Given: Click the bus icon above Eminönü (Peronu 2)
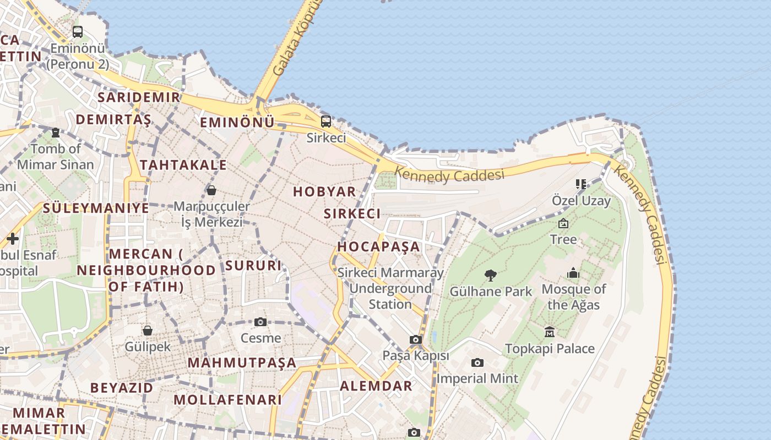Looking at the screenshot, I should [x=78, y=32].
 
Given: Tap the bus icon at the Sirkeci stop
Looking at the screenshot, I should [x=326, y=122].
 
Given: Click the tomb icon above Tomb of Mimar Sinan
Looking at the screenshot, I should [x=56, y=133].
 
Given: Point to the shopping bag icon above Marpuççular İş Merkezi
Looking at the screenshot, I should [x=211, y=190].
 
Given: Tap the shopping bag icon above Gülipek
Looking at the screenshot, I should [x=147, y=331].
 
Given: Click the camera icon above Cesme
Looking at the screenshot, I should [x=260, y=322].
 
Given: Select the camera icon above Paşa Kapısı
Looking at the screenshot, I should [x=416, y=340].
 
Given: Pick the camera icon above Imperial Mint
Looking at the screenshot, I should [x=477, y=362].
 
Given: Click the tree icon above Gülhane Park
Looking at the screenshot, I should [x=490, y=275].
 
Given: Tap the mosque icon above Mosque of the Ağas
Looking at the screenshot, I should [x=573, y=273].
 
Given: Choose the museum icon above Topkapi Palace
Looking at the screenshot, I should [x=550, y=332].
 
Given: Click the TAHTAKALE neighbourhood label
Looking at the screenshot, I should [x=183, y=165].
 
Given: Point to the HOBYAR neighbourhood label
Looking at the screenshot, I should [x=324, y=192].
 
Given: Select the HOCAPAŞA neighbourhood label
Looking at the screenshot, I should [x=378, y=246].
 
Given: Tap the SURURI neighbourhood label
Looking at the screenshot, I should [x=253, y=266].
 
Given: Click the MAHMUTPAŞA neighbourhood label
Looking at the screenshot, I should [x=242, y=363].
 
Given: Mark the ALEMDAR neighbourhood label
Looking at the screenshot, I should [x=376, y=386].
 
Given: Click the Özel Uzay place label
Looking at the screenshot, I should [x=582, y=201].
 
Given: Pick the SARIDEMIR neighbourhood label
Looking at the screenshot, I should [x=138, y=97].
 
